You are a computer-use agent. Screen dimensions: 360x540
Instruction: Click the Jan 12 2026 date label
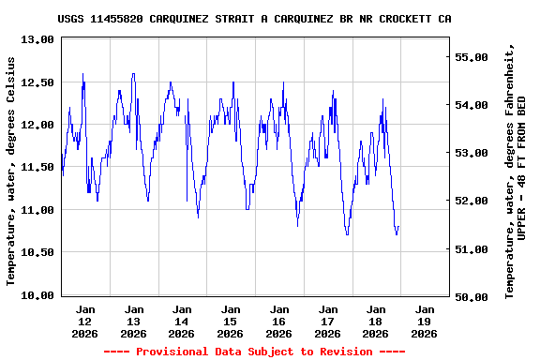(x=85, y=321)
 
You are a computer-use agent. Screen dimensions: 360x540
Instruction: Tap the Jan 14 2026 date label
(x=182, y=321)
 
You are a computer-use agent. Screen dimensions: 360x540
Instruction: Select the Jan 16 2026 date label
(x=278, y=321)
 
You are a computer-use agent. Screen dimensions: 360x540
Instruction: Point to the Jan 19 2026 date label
(x=424, y=321)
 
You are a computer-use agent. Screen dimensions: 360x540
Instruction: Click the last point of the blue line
(x=398, y=227)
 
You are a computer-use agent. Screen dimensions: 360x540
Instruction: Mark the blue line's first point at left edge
(x=62, y=159)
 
